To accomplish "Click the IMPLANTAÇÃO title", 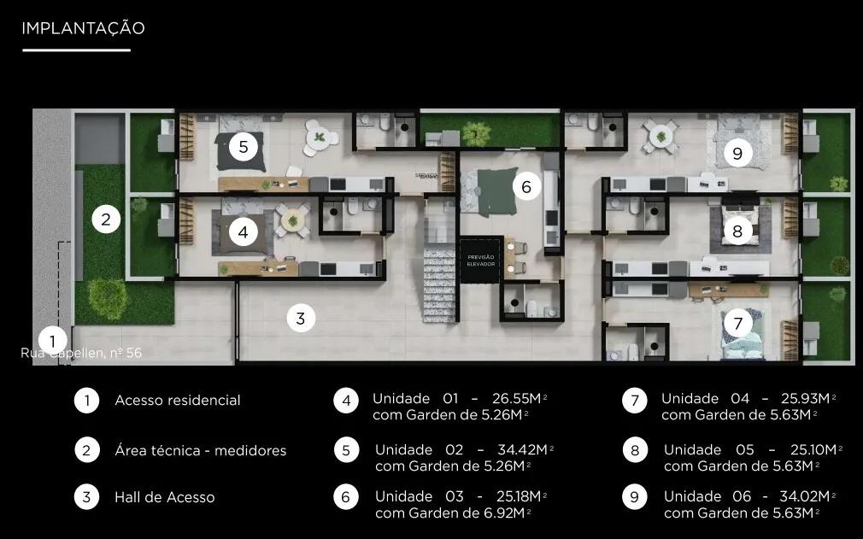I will pyautogui.click(x=83, y=28).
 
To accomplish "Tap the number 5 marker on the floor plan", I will pyautogui.click(x=244, y=147).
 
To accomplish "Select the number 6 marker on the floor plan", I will pyautogui.click(x=526, y=186).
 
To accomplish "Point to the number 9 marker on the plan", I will pyautogui.click(x=737, y=154).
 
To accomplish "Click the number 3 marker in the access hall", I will pyautogui.click(x=300, y=319).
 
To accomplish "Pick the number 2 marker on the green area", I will pyautogui.click(x=105, y=220).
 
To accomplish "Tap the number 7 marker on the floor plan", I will pyautogui.click(x=737, y=324).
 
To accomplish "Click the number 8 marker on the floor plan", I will pyautogui.click(x=737, y=231).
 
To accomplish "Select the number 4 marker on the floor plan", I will pyautogui.click(x=244, y=231).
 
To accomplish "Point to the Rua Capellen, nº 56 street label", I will pyautogui.click(x=82, y=353).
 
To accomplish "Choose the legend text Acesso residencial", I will pyautogui.click(x=178, y=401).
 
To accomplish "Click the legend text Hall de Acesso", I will pyautogui.click(x=165, y=497).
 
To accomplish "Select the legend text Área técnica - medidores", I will pyautogui.click(x=201, y=450).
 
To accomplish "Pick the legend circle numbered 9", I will pyautogui.click(x=635, y=497).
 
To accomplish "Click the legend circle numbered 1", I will pyautogui.click(x=86, y=401).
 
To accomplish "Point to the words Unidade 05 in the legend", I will pyautogui.click(x=707, y=450).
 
